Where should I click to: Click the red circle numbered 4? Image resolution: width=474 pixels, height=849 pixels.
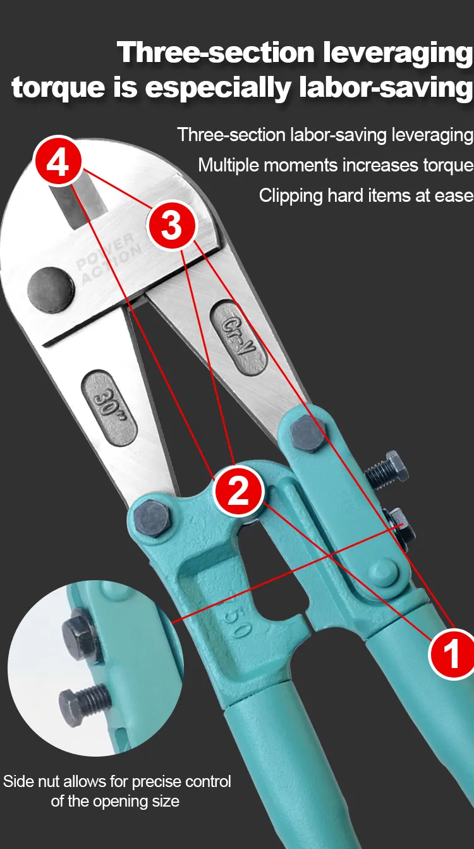58,163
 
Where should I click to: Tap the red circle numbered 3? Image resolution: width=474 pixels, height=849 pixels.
171,225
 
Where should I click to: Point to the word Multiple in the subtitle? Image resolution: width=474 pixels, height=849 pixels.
229,165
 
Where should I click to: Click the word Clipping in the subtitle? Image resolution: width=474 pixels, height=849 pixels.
290,195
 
